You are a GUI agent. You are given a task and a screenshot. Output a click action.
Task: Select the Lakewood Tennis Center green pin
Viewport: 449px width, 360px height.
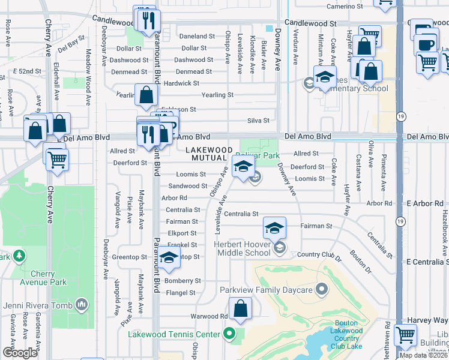click(229, 334)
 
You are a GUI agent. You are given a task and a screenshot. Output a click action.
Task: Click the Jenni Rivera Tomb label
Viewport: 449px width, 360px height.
click(38, 305)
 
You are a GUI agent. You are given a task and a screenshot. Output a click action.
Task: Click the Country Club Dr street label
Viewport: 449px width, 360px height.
click(319, 256)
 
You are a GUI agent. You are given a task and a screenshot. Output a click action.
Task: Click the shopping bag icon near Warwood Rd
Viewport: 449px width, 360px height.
click(240, 310)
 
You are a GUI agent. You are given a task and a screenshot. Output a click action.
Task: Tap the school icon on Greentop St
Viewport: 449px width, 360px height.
click(169, 257)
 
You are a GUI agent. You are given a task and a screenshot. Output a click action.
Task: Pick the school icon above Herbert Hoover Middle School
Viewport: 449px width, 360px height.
click(274, 228)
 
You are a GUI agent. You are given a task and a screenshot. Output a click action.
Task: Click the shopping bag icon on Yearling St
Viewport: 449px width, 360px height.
click(146, 95)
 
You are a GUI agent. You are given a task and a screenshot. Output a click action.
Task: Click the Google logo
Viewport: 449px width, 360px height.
click(20, 353)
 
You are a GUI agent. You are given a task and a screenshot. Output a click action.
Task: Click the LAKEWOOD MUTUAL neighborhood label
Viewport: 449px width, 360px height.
click(208, 154)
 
